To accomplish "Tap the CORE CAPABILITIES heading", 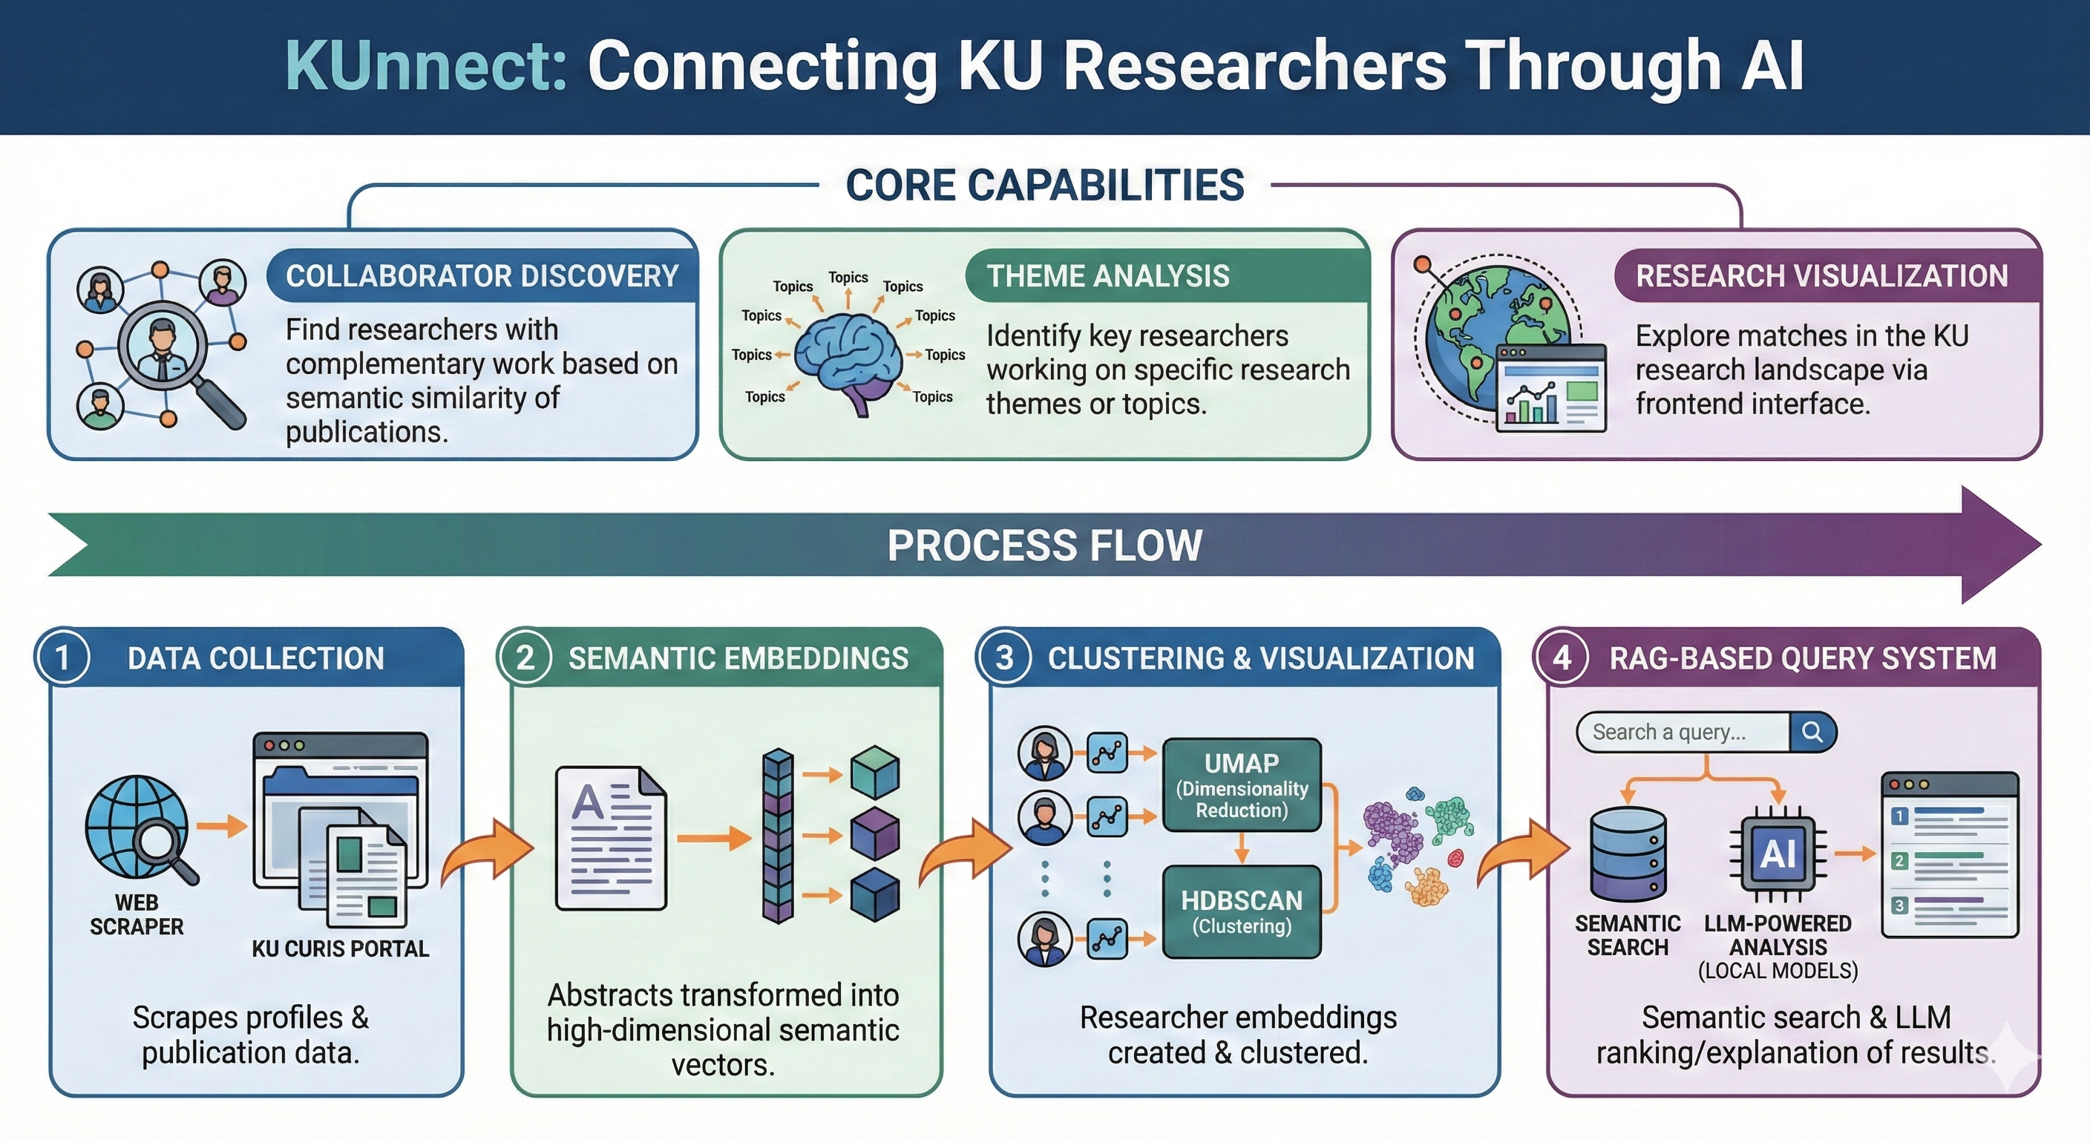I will click(1044, 186).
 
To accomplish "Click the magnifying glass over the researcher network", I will click(163, 347).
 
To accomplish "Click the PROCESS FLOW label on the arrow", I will click(1044, 546).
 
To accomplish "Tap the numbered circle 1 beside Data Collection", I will click(62, 658).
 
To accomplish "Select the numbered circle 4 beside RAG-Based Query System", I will click(1562, 658).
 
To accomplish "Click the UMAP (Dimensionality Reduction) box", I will click(1242, 785).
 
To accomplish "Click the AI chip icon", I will click(1778, 854).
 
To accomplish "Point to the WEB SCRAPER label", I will click(137, 914).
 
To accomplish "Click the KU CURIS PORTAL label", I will click(340, 949).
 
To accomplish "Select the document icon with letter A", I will click(610, 837).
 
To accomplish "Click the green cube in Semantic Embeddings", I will click(874, 773).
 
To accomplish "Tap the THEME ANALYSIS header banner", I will click(1165, 276).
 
